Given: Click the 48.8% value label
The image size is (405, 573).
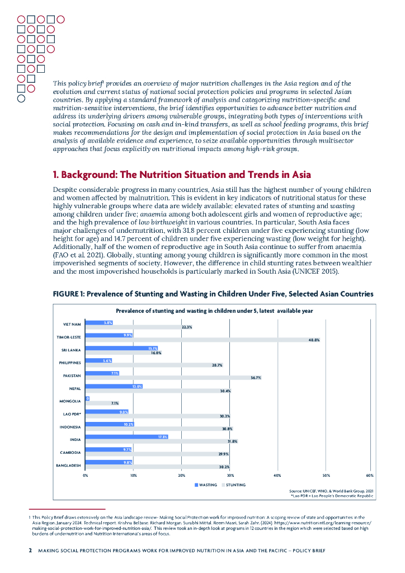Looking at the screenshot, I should (x=314, y=340).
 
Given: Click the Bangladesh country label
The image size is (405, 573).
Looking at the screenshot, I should (x=69, y=465).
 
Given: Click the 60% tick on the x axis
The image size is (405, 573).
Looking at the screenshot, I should (x=370, y=475).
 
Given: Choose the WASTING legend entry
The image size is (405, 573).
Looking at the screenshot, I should (x=206, y=485).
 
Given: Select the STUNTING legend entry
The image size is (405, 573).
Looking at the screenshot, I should (x=233, y=485).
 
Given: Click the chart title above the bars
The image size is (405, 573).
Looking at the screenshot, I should (x=214, y=311).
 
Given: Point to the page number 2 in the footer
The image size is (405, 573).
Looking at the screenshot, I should (x=30, y=551).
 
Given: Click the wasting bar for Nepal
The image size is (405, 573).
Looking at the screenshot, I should (x=114, y=386).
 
